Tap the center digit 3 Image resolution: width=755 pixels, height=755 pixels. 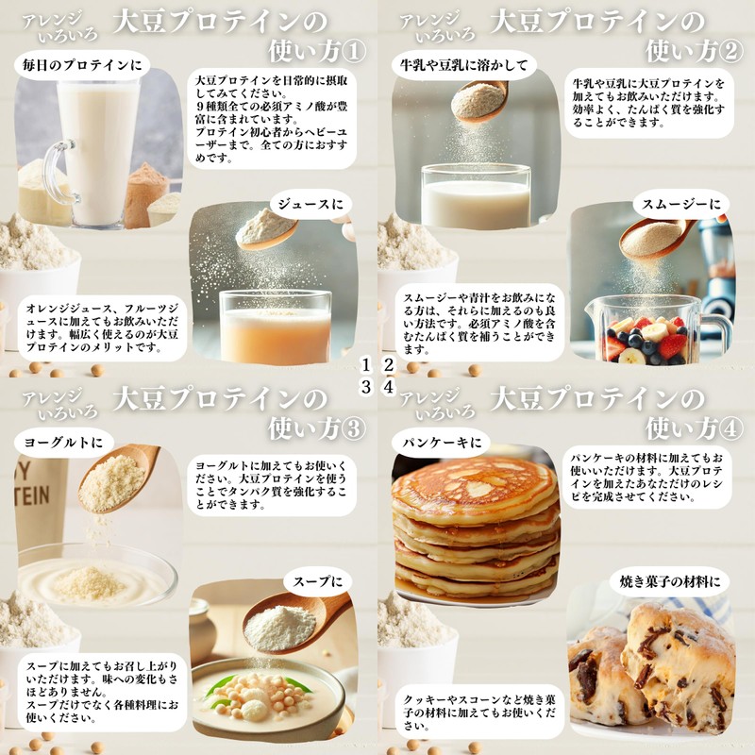click(367, 387)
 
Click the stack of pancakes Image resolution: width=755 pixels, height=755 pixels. click(475, 528)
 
